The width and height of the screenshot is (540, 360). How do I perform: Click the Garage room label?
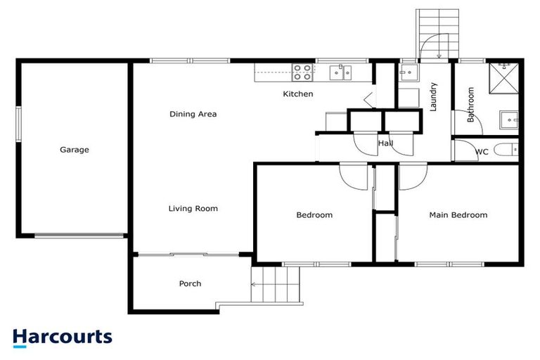[74, 150]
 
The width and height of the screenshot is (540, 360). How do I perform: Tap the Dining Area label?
[193, 114]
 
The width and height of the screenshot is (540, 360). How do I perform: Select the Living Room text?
[193, 208]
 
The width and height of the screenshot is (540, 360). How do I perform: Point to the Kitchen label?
[298, 94]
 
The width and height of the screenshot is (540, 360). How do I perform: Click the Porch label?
[190, 284]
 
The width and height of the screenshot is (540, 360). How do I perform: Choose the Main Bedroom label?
[458, 215]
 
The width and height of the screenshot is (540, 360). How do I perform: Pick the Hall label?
[385, 143]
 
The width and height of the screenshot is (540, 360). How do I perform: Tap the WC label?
[482, 152]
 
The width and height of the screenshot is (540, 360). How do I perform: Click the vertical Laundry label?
[434, 97]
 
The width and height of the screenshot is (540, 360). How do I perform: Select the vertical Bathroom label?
[470, 104]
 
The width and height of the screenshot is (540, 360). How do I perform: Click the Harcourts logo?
[62, 337]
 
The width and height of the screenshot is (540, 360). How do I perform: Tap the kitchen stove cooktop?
[302, 71]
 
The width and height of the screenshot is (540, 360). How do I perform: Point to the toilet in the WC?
[506, 150]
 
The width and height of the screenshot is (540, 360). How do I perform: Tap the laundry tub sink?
[408, 72]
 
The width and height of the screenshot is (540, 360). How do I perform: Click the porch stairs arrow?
[258, 285]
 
